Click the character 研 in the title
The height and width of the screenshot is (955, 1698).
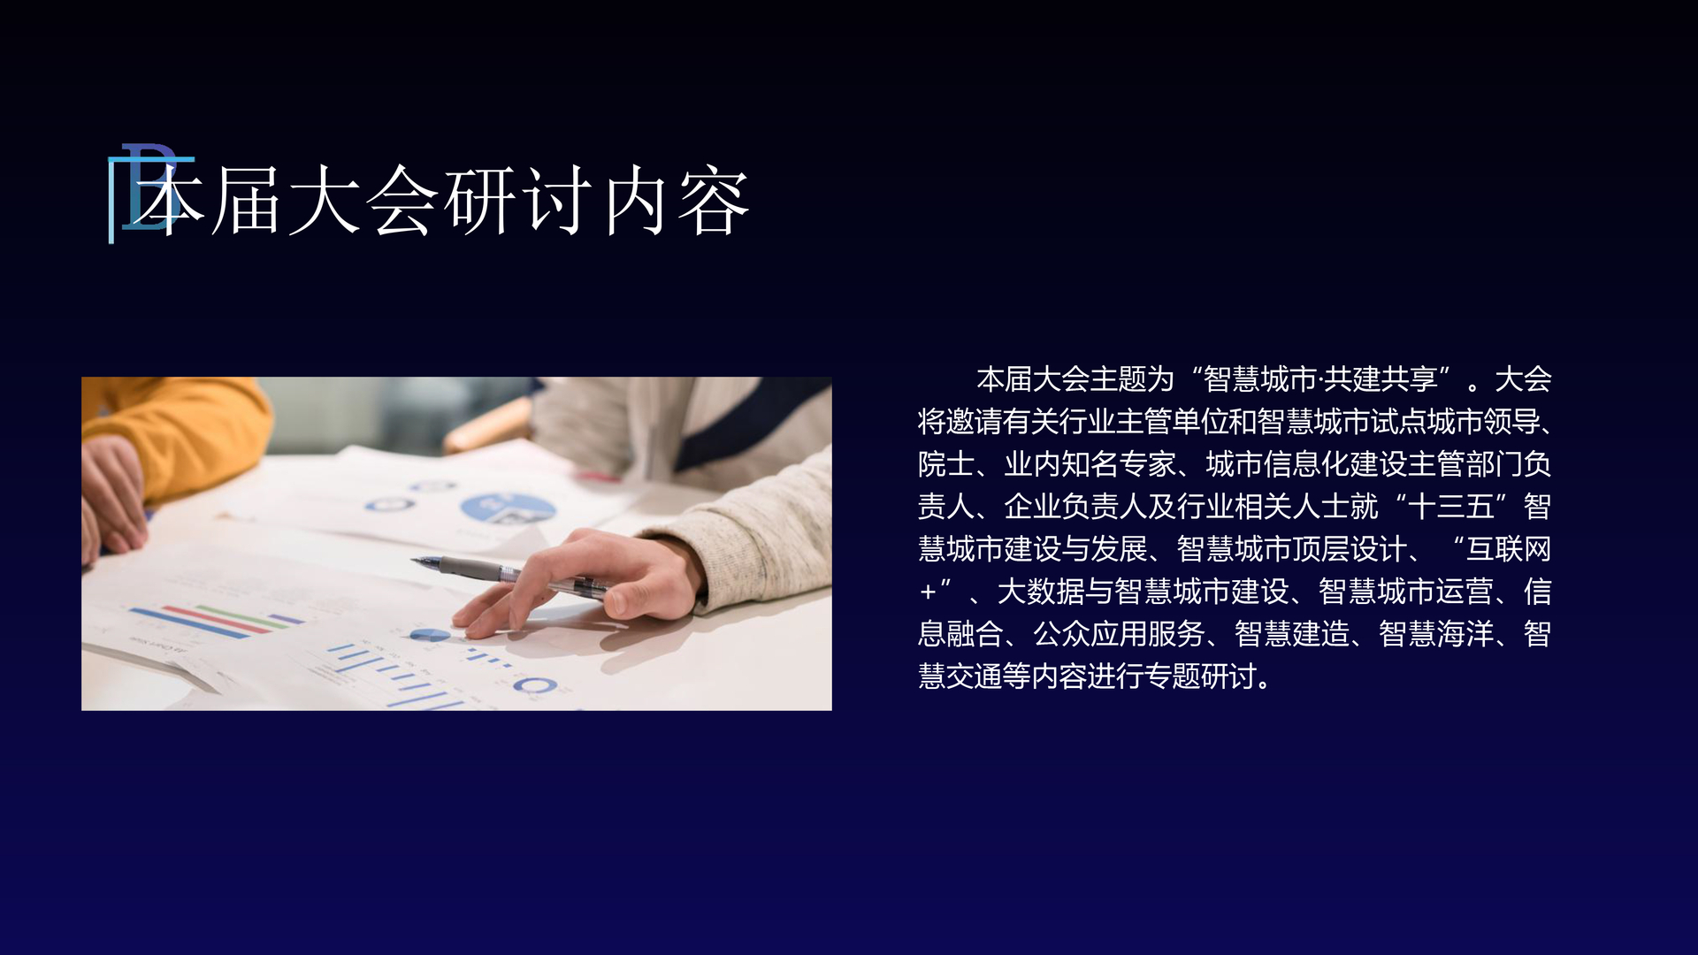click(x=479, y=202)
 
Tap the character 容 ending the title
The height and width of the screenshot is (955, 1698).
click(x=714, y=202)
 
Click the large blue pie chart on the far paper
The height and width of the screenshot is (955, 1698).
click(x=507, y=508)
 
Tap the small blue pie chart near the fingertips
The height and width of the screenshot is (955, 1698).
click(x=431, y=635)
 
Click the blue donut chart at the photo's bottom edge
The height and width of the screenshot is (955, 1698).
click(x=535, y=685)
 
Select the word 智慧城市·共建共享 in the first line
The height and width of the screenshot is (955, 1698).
click(x=1321, y=379)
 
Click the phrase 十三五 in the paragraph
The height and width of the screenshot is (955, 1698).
click(x=1452, y=507)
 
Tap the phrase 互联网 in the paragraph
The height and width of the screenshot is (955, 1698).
click(x=1509, y=549)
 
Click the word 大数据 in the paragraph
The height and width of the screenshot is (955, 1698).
click(x=1040, y=592)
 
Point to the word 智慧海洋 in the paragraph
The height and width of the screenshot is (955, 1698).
click(x=1436, y=634)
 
